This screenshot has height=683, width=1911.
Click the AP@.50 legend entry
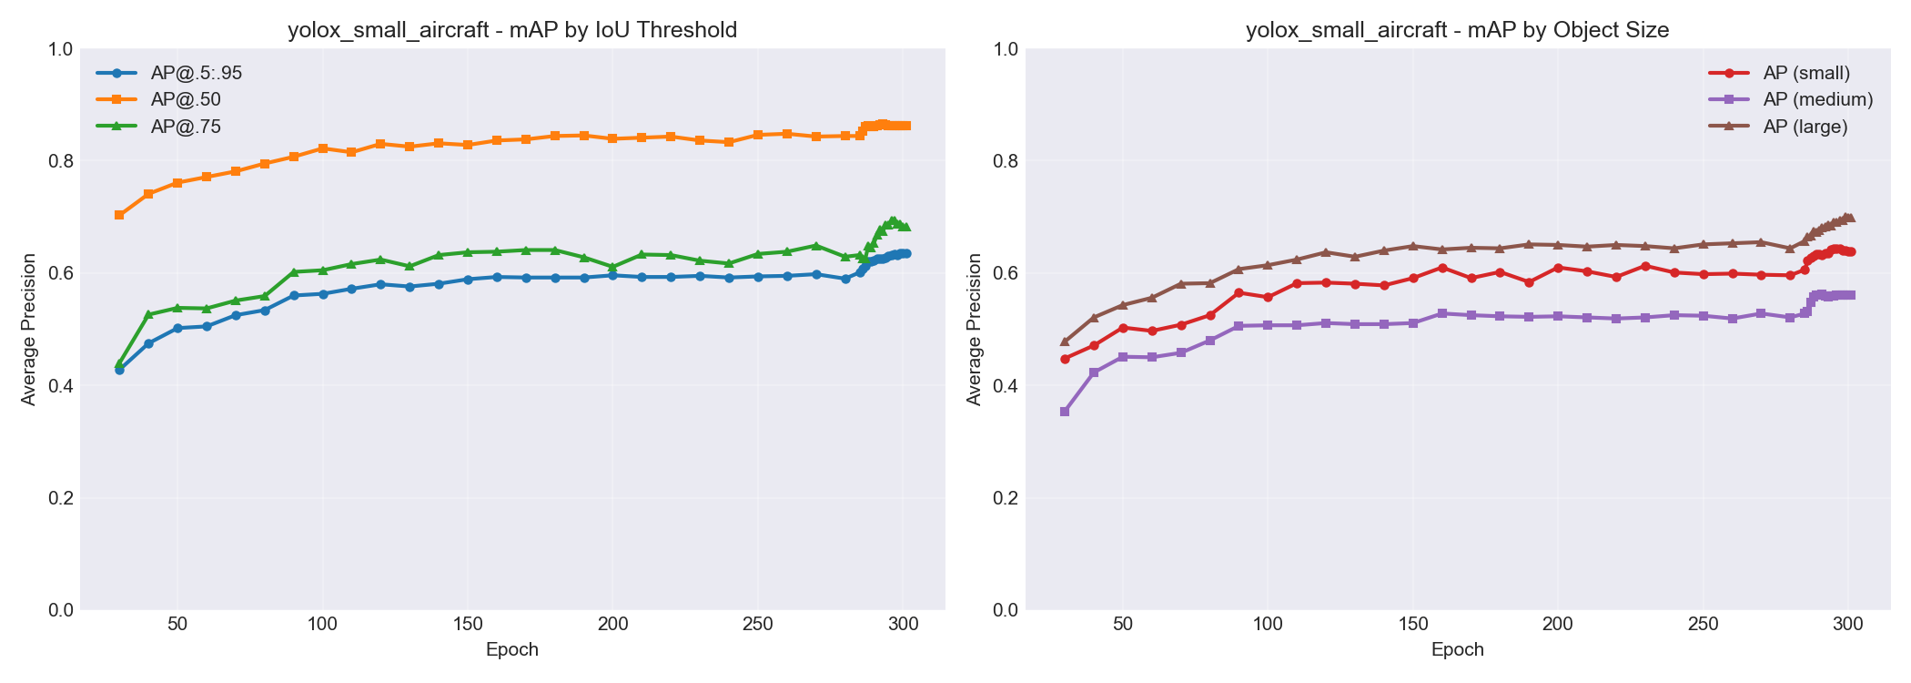tap(186, 99)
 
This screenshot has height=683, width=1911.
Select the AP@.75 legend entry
tap(186, 127)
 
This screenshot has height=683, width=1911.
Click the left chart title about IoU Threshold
tap(512, 30)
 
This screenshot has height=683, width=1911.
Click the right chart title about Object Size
tap(1457, 30)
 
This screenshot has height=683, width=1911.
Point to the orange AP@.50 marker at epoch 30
tap(119, 215)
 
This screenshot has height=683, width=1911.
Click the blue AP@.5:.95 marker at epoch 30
tap(119, 370)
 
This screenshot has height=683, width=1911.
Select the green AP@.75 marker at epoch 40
tap(148, 314)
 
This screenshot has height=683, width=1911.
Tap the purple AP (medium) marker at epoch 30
tap(1065, 412)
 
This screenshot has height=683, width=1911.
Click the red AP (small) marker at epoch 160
tap(1442, 268)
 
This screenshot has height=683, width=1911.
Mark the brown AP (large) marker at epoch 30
tap(1065, 341)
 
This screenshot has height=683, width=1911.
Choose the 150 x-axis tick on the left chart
tap(468, 625)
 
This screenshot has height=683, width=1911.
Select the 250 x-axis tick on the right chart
tap(1703, 625)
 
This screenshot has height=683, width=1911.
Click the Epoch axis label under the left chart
tap(512, 650)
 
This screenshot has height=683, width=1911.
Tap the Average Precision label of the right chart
tap(975, 330)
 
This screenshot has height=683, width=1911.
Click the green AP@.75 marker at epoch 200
tap(612, 267)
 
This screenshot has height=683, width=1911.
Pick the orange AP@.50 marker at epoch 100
tap(323, 148)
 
